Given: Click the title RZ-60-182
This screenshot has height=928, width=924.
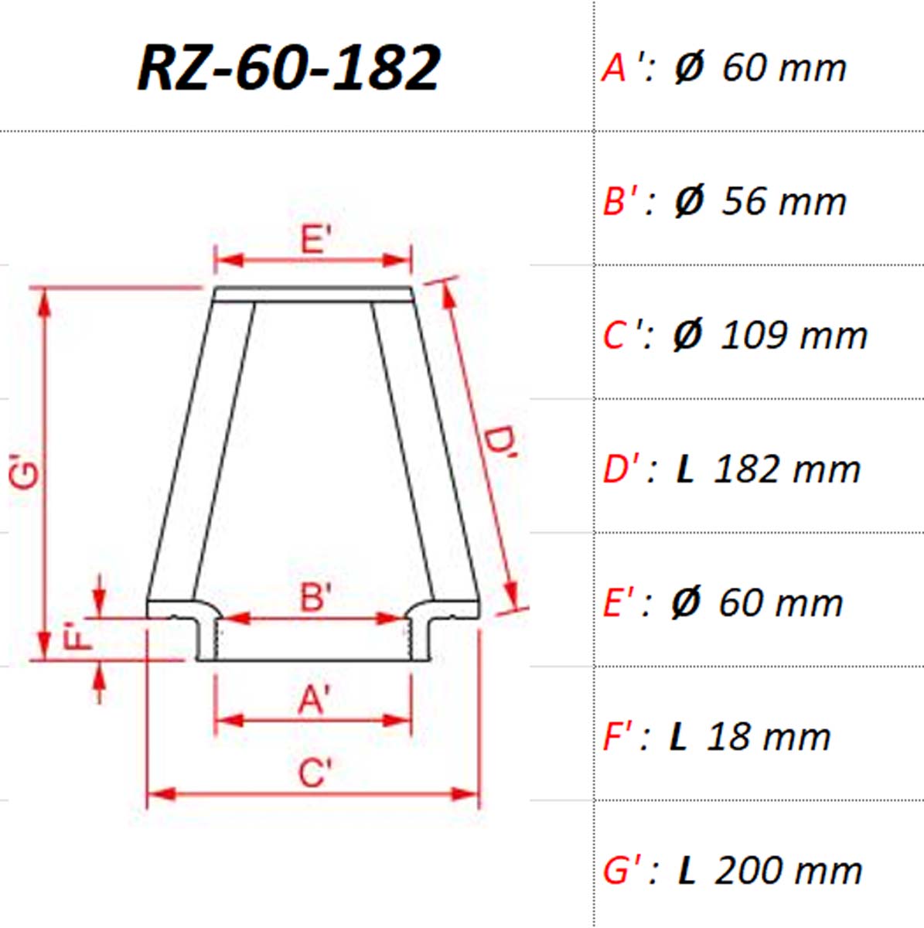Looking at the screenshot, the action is pyautogui.click(x=289, y=68).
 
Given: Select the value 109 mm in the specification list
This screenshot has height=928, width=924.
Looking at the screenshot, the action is pyautogui.click(x=794, y=335).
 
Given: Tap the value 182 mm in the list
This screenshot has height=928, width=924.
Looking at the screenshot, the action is pyautogui.click(x=787, y=469).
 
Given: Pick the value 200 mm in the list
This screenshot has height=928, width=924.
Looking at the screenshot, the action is pyautogui.click(x=788, y=872).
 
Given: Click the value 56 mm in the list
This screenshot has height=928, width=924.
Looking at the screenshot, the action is pyautogui.click(x=783, y=201).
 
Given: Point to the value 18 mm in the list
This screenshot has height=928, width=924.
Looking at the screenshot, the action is pyautogui.click(x=769, y=737).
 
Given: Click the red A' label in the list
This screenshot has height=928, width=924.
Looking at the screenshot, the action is pyautogui.click(x=619, y=67).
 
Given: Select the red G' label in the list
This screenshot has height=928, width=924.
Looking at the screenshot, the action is pyautogui.click(x=621, y=872).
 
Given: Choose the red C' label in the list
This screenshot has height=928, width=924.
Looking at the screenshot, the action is pyautogui.click(x=620, y=335).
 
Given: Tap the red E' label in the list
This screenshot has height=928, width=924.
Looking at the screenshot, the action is pyautogui.click(x=620, y=603).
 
